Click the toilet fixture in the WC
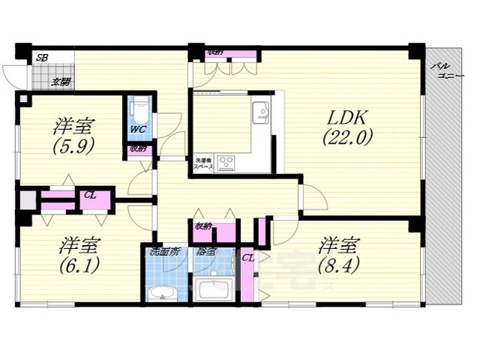pos(139,110)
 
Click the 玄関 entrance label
pos(61,82)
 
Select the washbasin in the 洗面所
pos(162,292)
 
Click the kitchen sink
pos(260,112)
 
